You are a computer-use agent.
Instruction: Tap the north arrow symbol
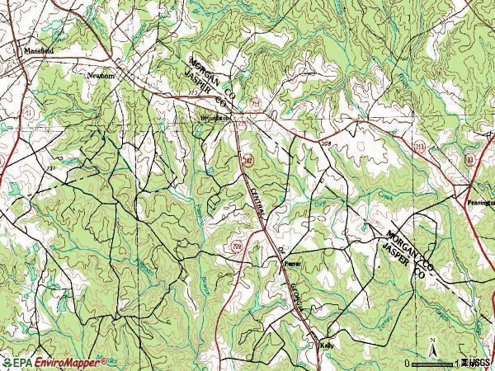(x=431, y=345)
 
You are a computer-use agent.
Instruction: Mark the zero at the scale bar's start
(x=408, y=363)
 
